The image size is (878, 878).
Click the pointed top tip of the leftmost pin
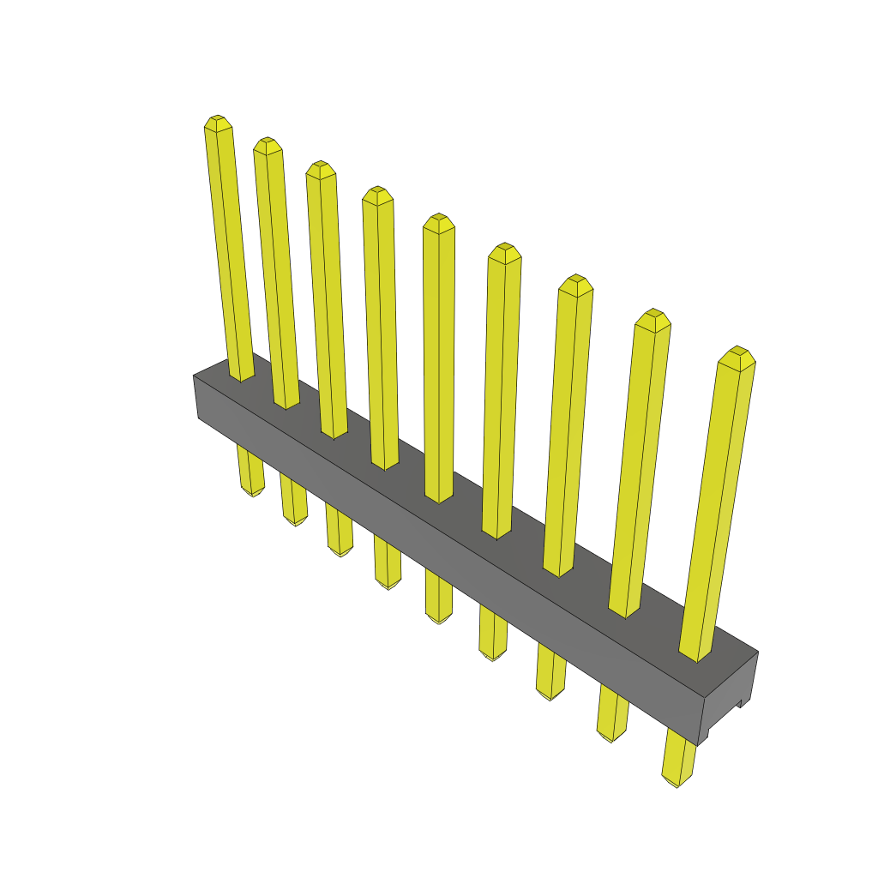[218, 121]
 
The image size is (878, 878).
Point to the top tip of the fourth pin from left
[377, 193]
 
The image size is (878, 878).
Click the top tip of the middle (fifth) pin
[438, 220]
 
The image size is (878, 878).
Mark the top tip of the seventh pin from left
[575, 282]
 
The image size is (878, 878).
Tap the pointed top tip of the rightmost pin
[737, 354]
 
